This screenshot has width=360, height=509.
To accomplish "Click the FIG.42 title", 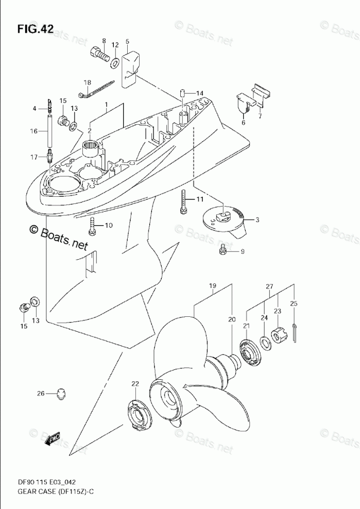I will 36,29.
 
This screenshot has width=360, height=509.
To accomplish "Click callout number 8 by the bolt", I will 104,41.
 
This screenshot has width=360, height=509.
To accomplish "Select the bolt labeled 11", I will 183,201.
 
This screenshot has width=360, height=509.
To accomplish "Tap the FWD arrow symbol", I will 54,437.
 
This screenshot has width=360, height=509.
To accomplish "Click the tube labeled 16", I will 50,131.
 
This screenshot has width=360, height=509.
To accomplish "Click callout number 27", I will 269,286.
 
